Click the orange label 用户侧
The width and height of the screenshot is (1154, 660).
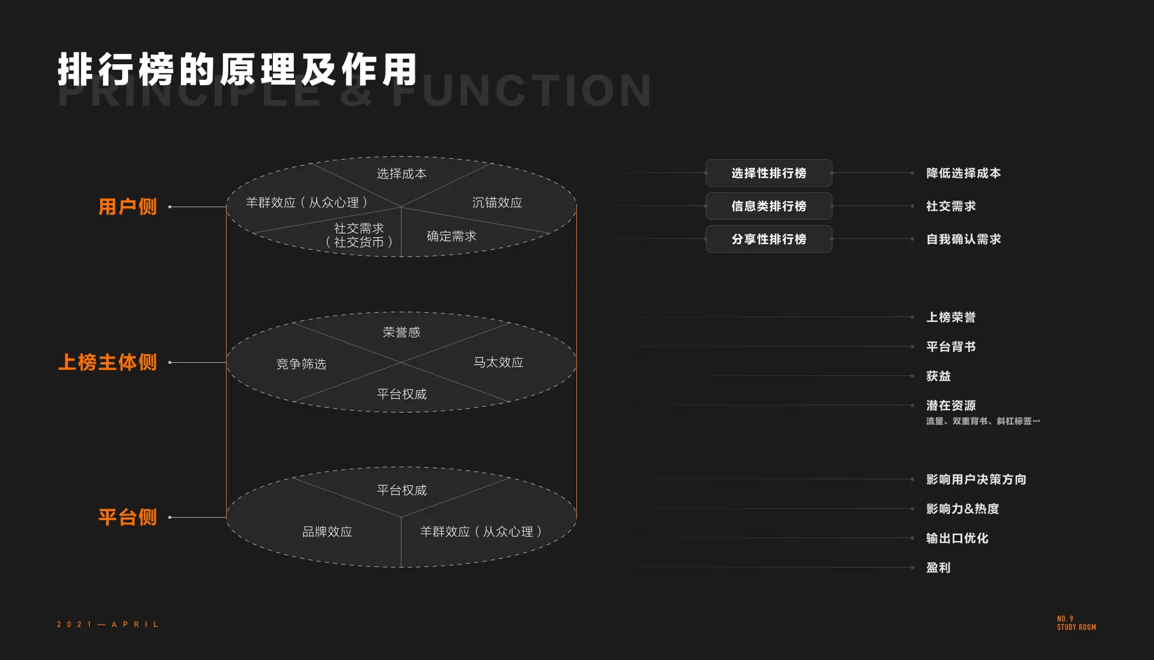pyautogui.click(x=127, y=207)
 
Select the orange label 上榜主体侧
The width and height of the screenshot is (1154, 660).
pyautogui.click(x=108, y=362)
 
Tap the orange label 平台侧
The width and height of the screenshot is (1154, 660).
pyautogui.click(x=127, y=517)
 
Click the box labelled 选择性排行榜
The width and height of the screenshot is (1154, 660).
pyautogui.click(x=769, y=173)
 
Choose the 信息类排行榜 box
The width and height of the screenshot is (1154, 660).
pyautogui.click(x=769, y=206)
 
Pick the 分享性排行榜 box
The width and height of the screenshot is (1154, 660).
pyautogui.click(x=769, y=239)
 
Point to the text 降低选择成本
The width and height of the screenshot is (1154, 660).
pyautogui.click(x=963, y=173)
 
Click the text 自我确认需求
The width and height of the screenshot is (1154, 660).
pyautogui.click(x=963, y=239)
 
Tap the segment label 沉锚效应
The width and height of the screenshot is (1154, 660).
pyautogui.click(x=497, y=202)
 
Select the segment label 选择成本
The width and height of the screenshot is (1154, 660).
pyautogui.click(x=401, y=174)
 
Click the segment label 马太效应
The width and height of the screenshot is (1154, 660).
pyautogui.click(x=498, y=362)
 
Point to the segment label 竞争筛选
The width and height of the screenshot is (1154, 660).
pyautogui.click(x=301, y=364)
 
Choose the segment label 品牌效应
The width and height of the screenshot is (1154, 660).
pyautogui.click(x=327, y=531)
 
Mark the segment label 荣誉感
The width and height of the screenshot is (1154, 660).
pyautogui.click(x=401, y=332)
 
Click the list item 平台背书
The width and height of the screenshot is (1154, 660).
pyautogui.click(x=951, y=347)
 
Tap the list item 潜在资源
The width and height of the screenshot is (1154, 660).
pyautogui.click(x=951, y=405)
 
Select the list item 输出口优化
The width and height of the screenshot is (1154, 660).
pyautogui.click(x=957, y=538)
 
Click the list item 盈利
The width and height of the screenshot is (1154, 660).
pyautogui.click(x=938, y=568)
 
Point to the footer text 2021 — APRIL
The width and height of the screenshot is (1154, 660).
pyautogui.click(x=108, y=625)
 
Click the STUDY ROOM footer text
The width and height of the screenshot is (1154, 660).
pyautogui.click(x=1076, y=627)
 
